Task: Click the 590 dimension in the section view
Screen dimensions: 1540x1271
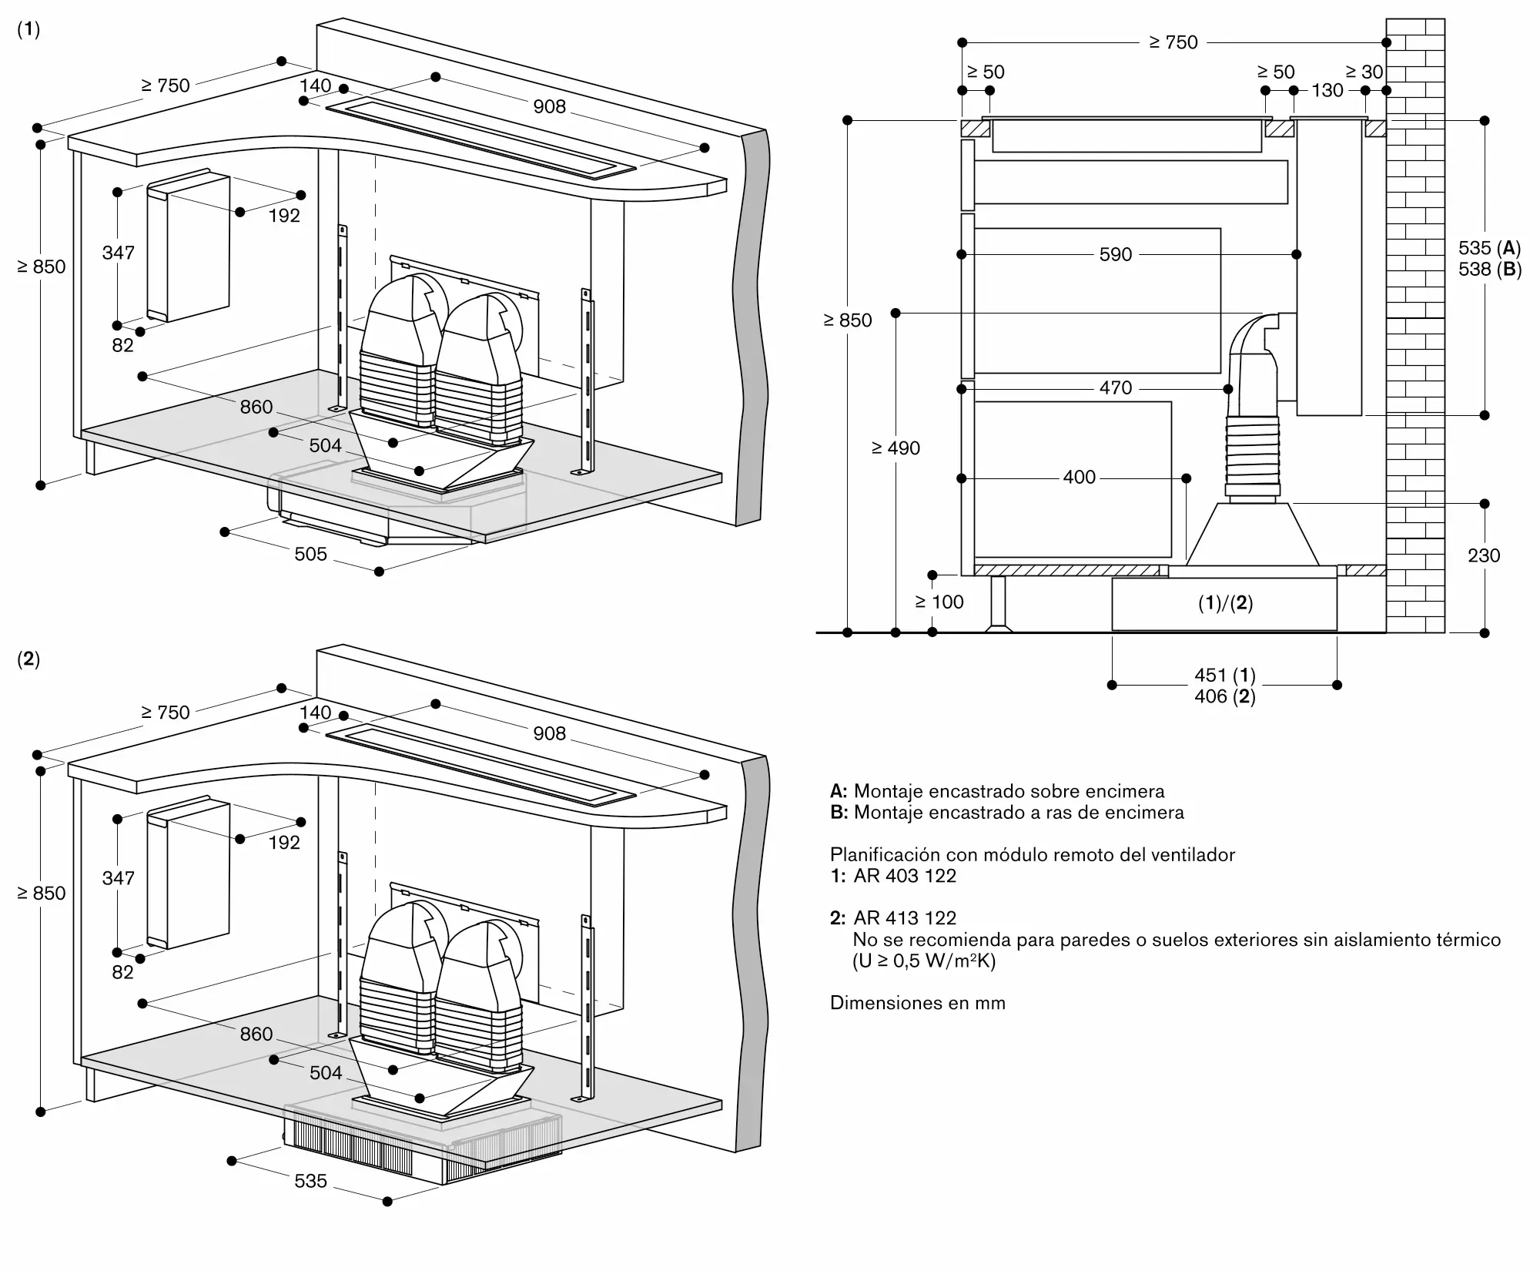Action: [1116, 254]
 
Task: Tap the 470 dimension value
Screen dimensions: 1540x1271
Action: [1116, 387]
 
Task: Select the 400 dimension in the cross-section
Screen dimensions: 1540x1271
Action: [1079, 478]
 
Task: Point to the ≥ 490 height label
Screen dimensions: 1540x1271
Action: [896, 448]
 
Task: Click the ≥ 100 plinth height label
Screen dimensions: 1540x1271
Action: [939, 602]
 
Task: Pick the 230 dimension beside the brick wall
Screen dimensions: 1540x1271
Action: [1484, 555]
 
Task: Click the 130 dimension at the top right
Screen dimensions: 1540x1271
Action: [1327, 90]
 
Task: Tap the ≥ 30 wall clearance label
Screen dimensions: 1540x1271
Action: [1364, 72]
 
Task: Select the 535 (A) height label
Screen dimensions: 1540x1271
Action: [1490, 248]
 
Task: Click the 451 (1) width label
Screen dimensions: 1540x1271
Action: [1225, 676]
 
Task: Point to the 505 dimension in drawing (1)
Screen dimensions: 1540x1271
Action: [310, 554]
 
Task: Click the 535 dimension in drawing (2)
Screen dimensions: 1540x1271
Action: [310, 1181]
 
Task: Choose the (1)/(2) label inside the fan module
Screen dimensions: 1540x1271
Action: [1225, 603]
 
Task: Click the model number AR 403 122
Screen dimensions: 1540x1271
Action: [905, 876]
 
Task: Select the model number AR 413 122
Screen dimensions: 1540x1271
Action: [905, 918]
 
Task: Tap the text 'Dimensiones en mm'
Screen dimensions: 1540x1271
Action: [918, 1003]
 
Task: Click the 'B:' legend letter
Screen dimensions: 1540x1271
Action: [839, 813]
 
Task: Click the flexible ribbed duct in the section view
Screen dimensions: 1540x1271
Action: [1253, 456]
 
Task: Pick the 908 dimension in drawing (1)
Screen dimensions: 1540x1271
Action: [550, 107]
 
